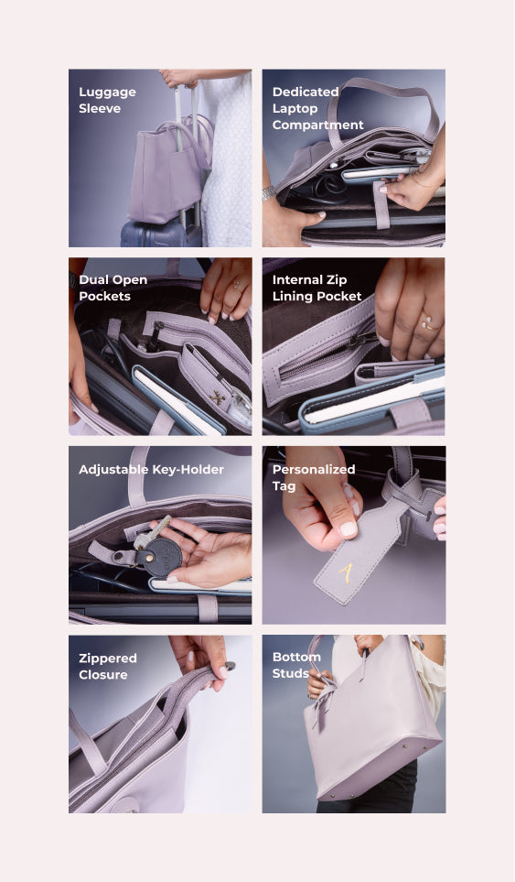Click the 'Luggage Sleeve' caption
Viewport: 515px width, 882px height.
point(107,100)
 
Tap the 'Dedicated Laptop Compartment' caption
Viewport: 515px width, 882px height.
point(318,108)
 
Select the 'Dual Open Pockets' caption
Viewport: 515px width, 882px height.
point(113,288)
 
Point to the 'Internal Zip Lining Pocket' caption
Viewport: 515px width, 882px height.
point(317,288)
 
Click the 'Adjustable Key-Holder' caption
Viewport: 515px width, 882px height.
point(151,469)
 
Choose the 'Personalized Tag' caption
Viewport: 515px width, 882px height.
point(314,477)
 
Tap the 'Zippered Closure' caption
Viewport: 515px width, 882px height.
point(107,666)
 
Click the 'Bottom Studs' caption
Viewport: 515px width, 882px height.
point(296,665)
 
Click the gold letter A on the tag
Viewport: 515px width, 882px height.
point(347,572)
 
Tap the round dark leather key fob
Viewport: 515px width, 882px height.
point(159,556)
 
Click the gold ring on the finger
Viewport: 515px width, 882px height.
point(431,323)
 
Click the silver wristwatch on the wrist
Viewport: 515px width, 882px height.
point(269,193)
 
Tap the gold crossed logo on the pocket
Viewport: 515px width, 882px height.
point(218,398)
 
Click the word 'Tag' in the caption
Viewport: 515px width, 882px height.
point(284,486)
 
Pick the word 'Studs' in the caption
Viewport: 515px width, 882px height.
point(290,673)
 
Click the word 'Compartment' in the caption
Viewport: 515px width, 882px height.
point(318,125)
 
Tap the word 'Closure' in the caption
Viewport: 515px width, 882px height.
point(102,674)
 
